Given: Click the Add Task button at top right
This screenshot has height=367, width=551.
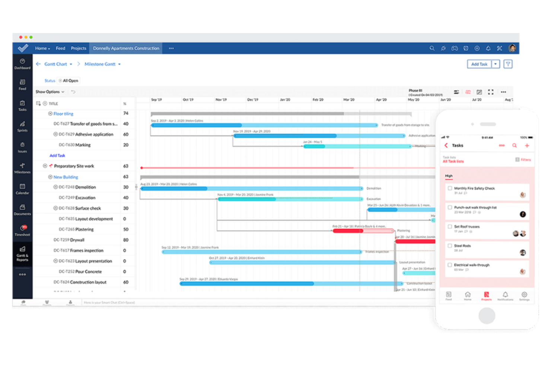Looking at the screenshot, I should (x=479, y=64).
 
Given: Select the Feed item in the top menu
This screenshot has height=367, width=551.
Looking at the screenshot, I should (x=60, y=48).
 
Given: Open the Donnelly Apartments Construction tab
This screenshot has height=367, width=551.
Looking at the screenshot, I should (x=126, y=48).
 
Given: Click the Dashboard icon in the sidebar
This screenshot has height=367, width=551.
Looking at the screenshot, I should (x=22, y=63).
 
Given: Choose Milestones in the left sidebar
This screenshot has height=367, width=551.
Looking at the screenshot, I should (x=22, y=168).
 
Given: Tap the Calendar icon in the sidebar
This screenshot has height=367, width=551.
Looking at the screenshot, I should (x=22, y=189).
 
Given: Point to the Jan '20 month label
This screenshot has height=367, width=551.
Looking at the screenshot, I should (x=285, y=100).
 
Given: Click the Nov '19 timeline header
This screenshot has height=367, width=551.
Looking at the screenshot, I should (x=221, y=100).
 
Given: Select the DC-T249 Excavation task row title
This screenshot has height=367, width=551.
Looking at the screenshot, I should (x=77, y=198).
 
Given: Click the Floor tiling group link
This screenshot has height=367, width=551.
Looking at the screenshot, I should (x=63, y=114).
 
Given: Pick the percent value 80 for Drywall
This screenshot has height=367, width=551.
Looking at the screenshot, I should (x=126, y=240).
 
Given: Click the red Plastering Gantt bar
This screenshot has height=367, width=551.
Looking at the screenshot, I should (x=348, y=231).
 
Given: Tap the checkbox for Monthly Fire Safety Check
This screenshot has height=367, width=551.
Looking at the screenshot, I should (x=450, y=188).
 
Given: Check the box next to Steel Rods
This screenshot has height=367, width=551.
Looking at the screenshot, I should (x=450, y=246).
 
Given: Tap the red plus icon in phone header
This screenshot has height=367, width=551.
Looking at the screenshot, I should (x=527, y=146).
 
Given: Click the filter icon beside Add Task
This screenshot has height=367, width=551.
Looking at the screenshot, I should (x=508, y=64).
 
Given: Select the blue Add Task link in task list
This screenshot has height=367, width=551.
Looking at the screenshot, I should (x=57, y=155).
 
